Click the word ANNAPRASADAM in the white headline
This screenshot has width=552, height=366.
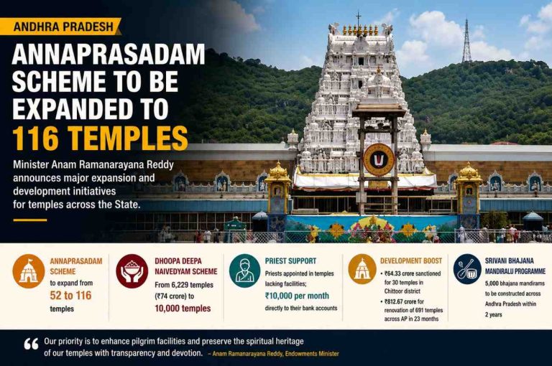pos(109,54)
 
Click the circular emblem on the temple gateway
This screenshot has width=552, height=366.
pos(379,159)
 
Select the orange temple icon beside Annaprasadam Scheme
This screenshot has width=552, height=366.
pos(29,271)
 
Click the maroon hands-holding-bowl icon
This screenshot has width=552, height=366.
pos(132,271)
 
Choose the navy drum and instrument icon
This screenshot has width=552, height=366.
pos(467,269)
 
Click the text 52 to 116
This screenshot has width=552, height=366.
pos(70,296)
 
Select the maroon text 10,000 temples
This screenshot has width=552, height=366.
pos(183,309)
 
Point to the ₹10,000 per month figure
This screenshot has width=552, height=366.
pos(297,296)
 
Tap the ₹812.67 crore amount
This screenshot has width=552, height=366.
pos(400,301)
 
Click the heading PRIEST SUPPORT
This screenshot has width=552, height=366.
pos(290,261)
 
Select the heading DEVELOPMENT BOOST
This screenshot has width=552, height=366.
pos(411,261)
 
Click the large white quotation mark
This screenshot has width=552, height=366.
pos(32,344)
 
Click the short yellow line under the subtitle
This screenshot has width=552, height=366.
pos(30,220)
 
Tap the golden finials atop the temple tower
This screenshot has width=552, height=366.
pos(360,30)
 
